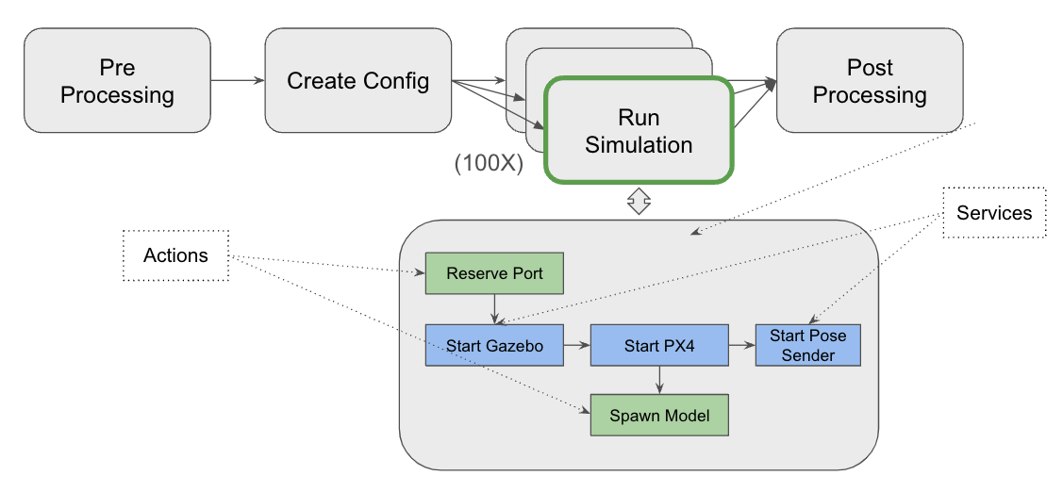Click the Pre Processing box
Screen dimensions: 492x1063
coord(117,80)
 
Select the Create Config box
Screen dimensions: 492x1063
coord(357,80)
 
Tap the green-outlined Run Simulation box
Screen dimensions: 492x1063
coord(639,130)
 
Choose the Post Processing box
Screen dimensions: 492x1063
coord(869,80)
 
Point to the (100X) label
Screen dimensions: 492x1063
coord(488,162)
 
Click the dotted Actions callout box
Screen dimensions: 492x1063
coord(175,255)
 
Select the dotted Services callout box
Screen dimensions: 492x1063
coord(994,213)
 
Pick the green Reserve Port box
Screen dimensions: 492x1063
coord(495,273)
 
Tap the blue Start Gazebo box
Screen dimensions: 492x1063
coord(495,346)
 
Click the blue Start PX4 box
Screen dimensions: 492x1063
coord(659,346)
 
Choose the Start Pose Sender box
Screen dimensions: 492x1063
coord(807,346)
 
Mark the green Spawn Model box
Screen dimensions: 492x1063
coord(659,415)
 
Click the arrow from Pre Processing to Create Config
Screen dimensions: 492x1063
coord(237,80)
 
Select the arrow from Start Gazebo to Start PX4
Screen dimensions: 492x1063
coord(577,346)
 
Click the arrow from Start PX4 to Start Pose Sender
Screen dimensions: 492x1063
coord(741,346)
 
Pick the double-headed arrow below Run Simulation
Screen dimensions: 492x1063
coord(639,200)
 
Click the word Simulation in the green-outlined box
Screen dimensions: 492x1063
coord(639,145)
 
